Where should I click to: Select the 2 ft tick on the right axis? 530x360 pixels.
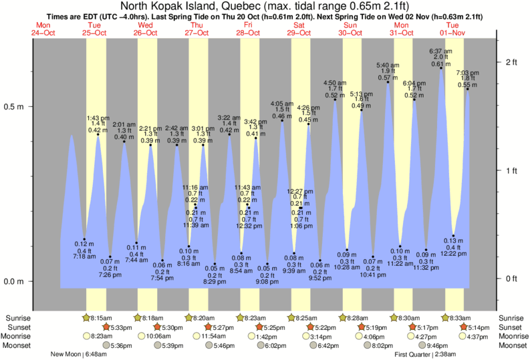click(511, 62)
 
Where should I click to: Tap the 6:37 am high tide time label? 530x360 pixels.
click(439, 51)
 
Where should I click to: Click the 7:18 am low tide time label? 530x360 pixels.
click(85, 256)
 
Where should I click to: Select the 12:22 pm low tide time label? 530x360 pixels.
click(453, 253)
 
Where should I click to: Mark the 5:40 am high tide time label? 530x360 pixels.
click(388, 65)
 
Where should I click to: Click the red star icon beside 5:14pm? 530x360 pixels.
click(464, 327)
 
